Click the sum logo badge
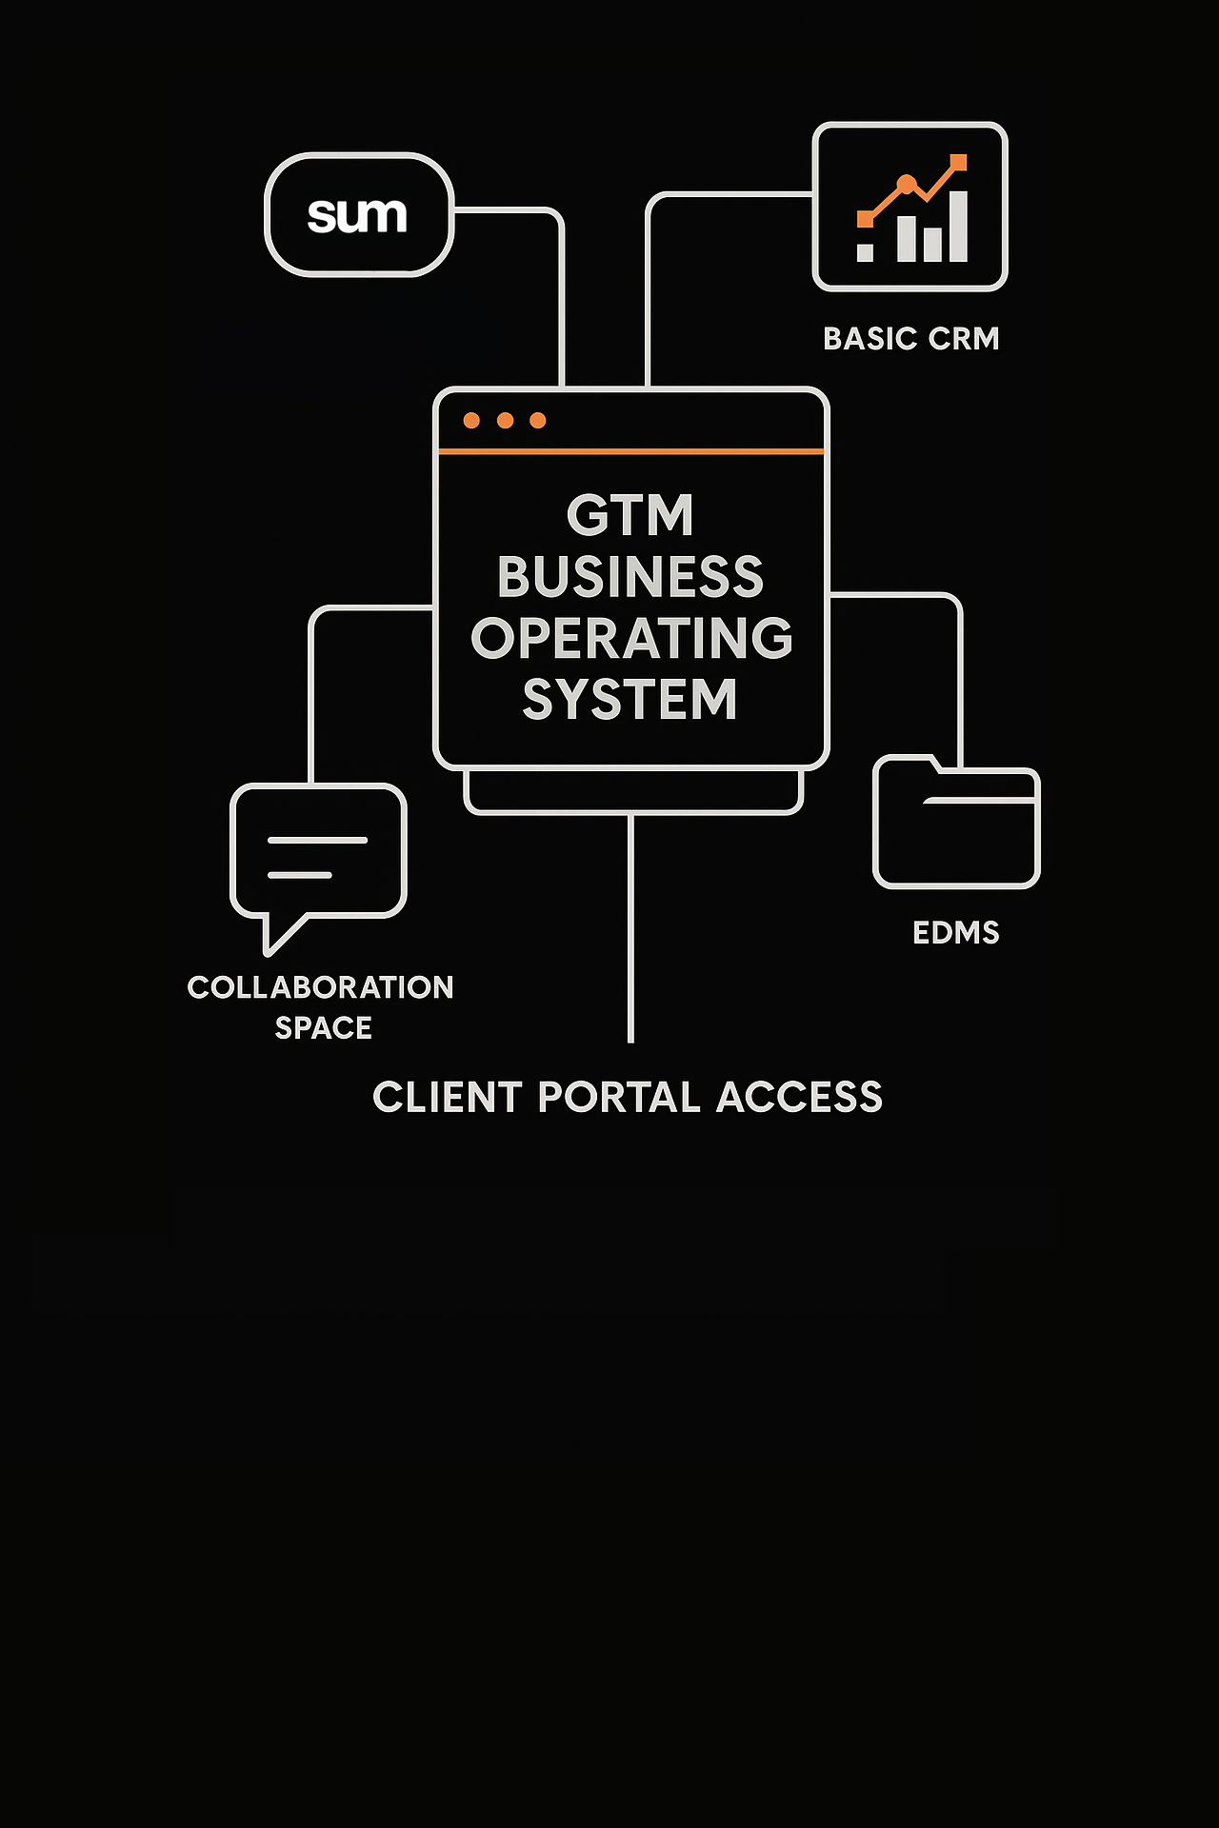pos(358,215)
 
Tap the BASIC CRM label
pos(910,339)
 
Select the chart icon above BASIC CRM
pos(910,207)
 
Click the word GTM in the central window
pos(630,516)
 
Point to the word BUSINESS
pos(630,577)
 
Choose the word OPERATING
pos(631,638)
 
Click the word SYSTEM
pos(630,700)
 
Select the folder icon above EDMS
pos(956,825)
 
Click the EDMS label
pos(955,933)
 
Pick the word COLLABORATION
pos(320,987)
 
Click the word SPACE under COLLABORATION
pos(323,1028)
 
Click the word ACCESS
pos(799,1098)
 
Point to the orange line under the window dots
pos(630,451)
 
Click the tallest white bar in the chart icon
pos(958,227)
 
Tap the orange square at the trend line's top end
pos(958,163)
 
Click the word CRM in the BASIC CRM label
pos(964,339)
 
